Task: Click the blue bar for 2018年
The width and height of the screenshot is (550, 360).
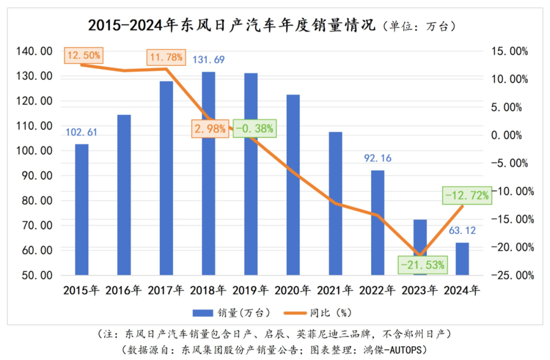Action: coord(208,173)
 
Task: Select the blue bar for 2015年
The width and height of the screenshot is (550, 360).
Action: coord(81,209)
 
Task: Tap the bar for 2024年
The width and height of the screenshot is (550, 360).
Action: coord(462,259)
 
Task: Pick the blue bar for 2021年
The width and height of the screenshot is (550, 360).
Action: coord(335,203)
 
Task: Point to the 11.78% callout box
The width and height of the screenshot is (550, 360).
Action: coord(165,57)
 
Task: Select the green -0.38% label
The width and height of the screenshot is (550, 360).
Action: coord(255,129)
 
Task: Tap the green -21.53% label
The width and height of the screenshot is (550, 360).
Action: coord(423,264)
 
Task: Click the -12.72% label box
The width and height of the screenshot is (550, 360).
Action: coord(466,195)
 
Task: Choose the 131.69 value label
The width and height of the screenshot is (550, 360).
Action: coord(208,60)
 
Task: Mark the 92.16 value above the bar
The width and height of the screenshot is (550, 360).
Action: coord(377,158)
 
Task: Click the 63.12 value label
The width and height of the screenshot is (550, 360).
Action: coord(462,231)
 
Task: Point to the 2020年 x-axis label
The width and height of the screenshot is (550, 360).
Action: coord(292,291)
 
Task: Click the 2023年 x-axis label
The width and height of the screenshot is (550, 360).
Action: coord(419,291)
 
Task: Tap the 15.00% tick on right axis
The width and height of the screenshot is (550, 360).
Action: coord(510,51)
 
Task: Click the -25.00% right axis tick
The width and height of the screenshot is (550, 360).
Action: coord(510,275)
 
